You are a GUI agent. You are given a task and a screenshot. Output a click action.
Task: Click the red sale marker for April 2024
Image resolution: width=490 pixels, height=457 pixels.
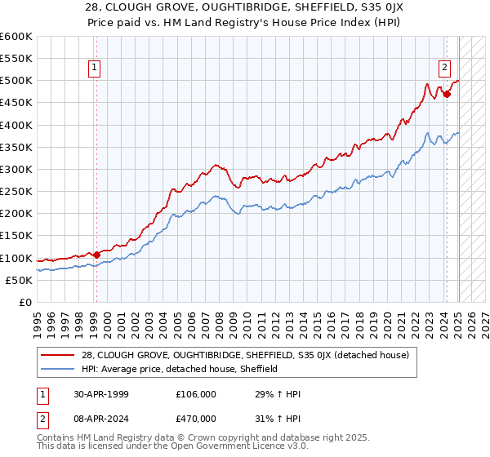(x=447, y=94)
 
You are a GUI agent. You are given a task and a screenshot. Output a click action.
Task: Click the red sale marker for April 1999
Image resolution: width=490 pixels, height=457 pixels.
(x=96, y=255)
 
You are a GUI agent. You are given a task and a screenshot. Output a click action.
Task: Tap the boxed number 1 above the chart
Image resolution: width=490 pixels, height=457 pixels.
(x=96, y=68)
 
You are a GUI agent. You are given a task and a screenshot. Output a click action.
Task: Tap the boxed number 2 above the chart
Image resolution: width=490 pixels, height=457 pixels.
(x=445, y=68)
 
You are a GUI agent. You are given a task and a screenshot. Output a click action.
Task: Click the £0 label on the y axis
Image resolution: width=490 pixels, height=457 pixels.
(x=24, y=302)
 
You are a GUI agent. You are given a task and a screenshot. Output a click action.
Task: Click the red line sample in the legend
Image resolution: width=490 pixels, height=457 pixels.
(x=57, y=354)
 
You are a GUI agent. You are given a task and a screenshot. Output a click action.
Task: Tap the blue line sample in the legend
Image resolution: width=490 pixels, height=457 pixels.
(x=57, y=369)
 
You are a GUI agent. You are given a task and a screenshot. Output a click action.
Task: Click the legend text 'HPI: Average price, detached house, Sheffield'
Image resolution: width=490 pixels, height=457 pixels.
(x=180, y=369)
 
